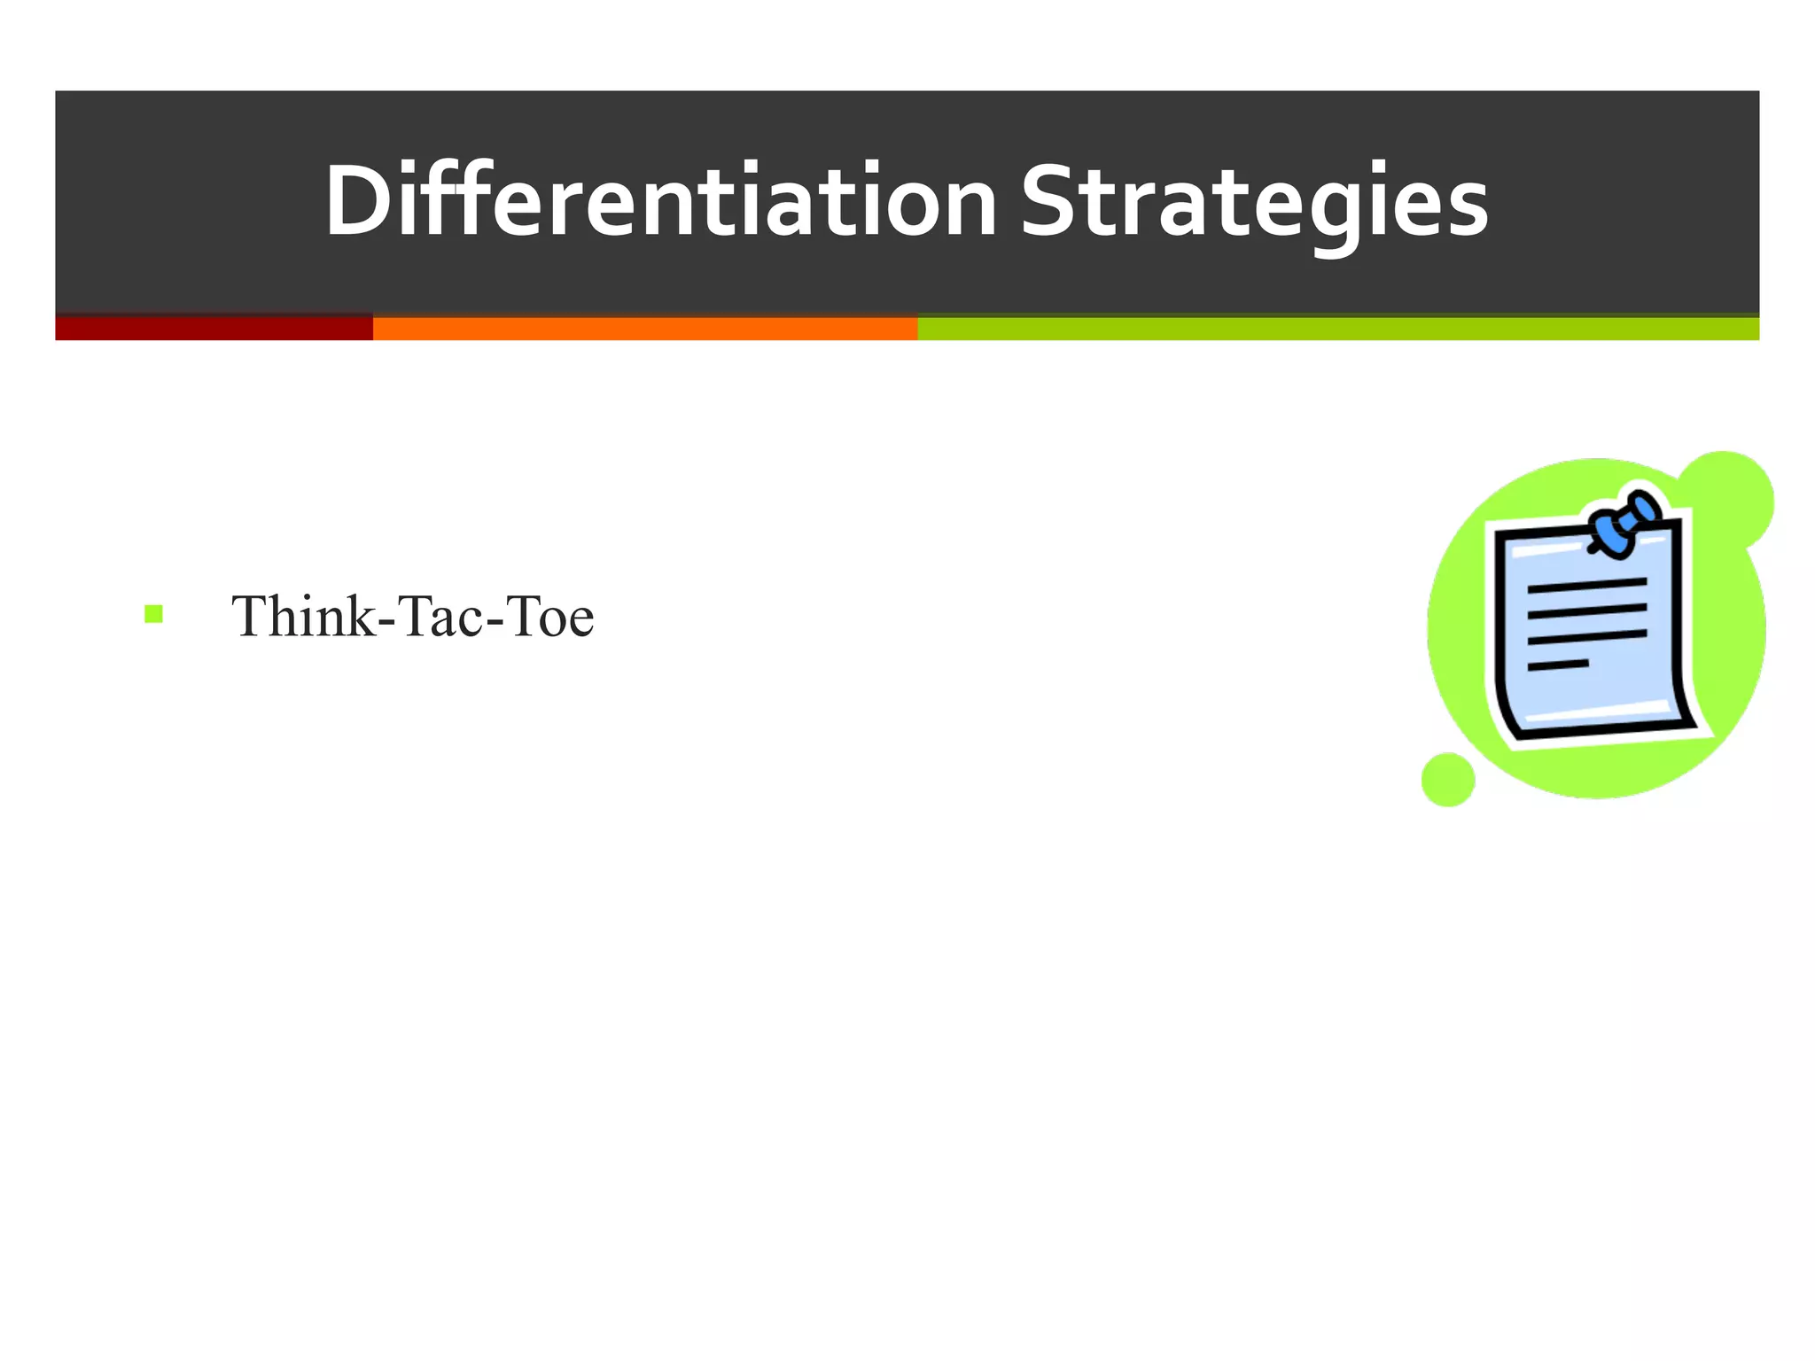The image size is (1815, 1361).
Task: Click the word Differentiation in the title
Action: [660, 202]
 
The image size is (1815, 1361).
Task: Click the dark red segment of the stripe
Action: [214, 328]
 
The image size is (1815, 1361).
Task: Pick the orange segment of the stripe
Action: [644, 328]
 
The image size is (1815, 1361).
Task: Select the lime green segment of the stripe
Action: [1337, 328]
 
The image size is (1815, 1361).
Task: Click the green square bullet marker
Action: [153, 613]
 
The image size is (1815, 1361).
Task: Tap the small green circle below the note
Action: [1448, 780]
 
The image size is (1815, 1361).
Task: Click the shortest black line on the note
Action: [1557, 665]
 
